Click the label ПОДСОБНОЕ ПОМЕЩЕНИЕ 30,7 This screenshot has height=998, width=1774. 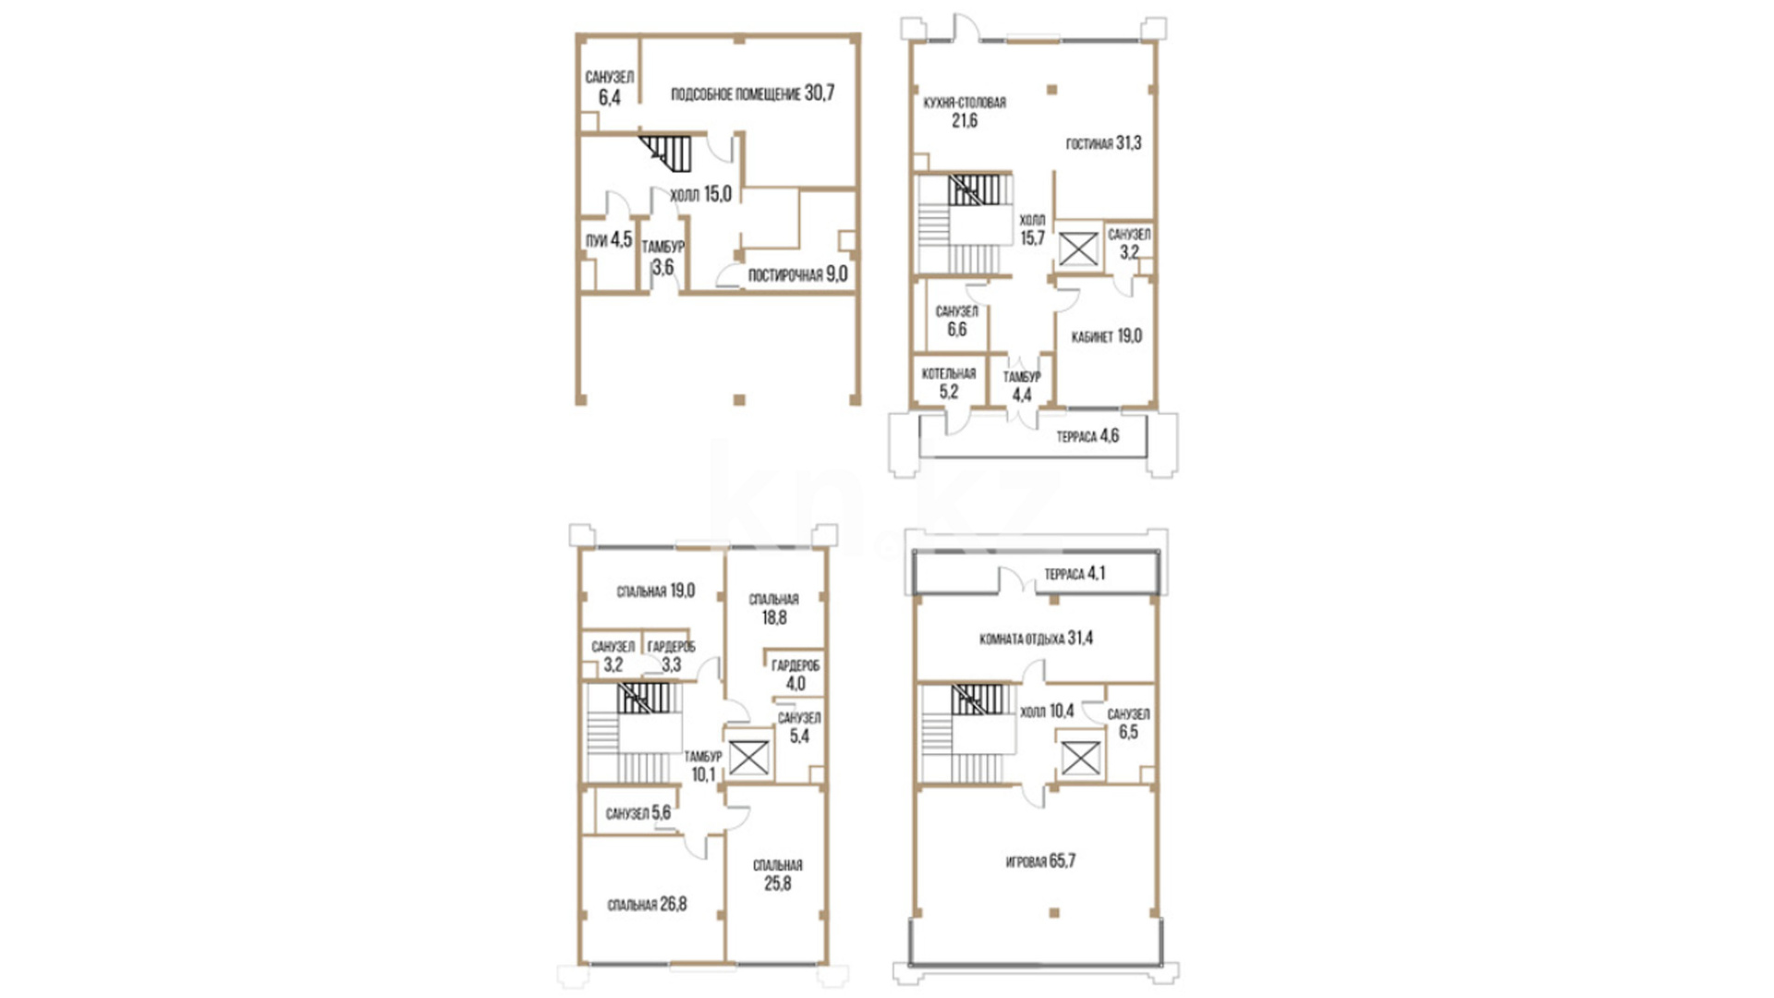pos(752,93)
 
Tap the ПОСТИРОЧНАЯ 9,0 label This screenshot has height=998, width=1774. pos(797,274)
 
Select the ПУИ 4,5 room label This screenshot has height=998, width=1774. pos(609,240)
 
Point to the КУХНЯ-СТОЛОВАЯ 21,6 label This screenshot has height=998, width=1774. pos(965,112)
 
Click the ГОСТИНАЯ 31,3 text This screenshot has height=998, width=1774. pos(1103,143)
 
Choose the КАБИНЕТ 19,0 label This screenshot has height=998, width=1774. pos(1106,336)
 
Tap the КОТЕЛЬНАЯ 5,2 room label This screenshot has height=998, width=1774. pos(949,383)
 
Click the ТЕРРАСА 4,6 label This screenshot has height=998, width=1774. pos(1087,436)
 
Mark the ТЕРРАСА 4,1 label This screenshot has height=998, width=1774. pos(1075,574)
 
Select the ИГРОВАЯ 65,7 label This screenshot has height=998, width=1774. pos(1040,861)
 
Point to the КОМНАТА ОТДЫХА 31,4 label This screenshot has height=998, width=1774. pos(1036,639)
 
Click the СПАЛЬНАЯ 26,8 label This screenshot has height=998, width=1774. pos(647,905)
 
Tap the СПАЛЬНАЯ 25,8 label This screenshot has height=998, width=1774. pos(777,874)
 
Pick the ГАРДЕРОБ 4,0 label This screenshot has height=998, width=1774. pos(796,675)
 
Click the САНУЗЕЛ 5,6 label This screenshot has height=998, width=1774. pos(638,813)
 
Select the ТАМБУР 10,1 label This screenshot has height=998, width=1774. pos(703,765)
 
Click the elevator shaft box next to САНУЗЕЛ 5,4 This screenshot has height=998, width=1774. pos(749,757)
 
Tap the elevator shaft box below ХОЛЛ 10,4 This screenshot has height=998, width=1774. pos(1079,758)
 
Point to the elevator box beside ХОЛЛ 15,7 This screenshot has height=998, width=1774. pos(1078,249)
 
